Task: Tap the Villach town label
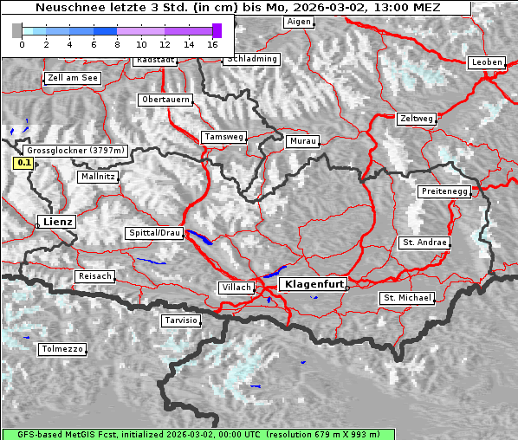click(236, 287)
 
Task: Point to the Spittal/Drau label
click(155, 233)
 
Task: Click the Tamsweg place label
click(223, 137)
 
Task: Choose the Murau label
click(303, 140)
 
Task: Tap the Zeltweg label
click(416, 118)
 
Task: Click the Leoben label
click(486, 62)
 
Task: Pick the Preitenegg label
click(444, 191)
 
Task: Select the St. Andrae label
click(424, 243)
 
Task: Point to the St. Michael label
click(407, 298)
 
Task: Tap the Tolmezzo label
click(62, 349)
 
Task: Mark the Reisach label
click(94, 276)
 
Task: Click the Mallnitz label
click(97, 177)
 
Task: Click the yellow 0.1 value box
click(23, 162)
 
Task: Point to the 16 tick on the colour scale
click(212, 43)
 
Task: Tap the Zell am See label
click(72, 78)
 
